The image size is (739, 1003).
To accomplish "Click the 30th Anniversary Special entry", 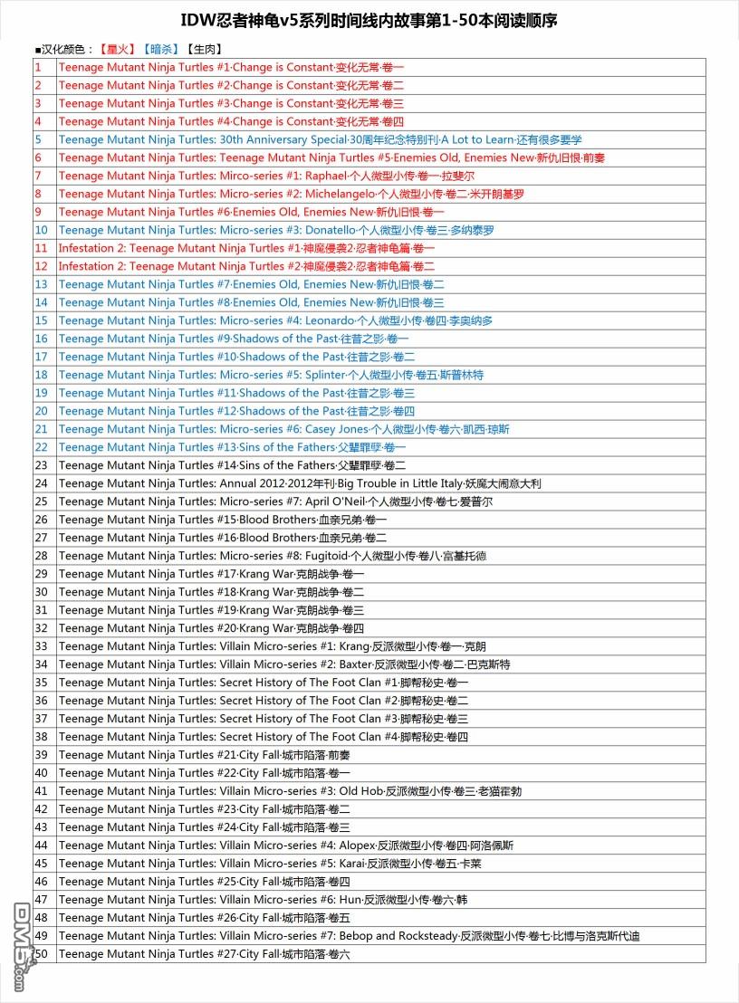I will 320,139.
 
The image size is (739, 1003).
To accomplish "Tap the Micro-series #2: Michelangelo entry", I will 291,194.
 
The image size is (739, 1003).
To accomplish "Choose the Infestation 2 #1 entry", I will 246,248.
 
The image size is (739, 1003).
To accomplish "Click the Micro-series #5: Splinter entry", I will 271,375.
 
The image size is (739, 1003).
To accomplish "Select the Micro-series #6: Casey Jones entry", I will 283,429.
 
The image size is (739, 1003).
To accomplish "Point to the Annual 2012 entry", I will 299,483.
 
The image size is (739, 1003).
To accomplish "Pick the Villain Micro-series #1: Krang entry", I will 272,646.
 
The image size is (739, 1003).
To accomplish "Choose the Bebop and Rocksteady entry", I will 349,936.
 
